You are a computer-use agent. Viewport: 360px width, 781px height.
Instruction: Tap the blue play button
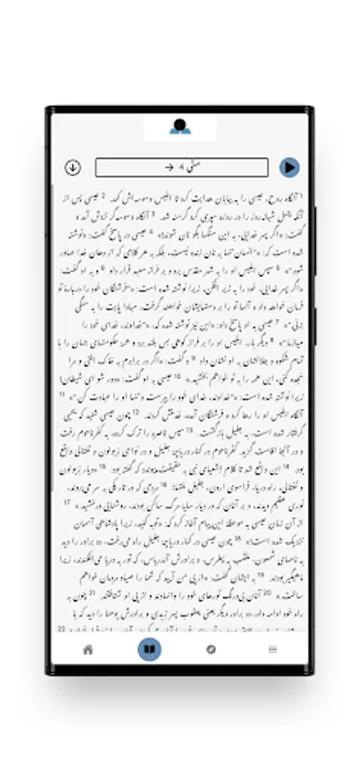pyautogui.click(x=290, y=167)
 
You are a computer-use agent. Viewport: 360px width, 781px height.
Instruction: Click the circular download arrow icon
pyautogui.click(x=73, y=167)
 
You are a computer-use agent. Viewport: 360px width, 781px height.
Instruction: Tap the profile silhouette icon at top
pyautogui.click(x=180, y=127)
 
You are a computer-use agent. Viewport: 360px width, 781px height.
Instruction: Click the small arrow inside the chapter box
pyautogui.click(x=169, y=167)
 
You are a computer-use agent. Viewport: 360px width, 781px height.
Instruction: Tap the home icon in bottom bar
pyautogui.click(x=88, y=649)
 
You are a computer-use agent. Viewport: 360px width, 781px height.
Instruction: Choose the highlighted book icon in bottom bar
pyautogui.click(x=148, y=649)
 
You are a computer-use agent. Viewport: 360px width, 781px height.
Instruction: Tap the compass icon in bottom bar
pyautogui.click(x=211, y=649)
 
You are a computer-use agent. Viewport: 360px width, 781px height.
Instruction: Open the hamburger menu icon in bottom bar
pyautogui.click(x=272, y=649)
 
